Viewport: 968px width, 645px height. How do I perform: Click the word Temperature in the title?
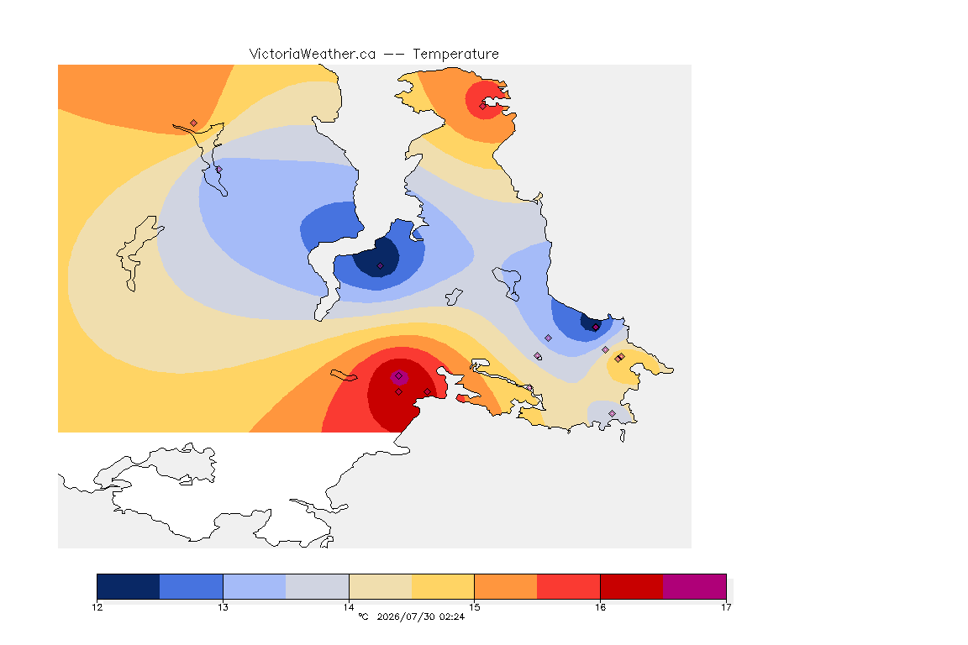tap(455, 55)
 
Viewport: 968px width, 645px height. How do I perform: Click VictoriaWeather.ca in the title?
tap(313, 55)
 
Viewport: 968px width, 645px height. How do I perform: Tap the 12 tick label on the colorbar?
tap(97, 607)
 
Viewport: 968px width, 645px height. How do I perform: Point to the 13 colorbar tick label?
tap(223, 607)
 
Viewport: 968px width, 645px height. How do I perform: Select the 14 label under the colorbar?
tap(349, 607)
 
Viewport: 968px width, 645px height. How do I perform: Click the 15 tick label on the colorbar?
tap(474, 607)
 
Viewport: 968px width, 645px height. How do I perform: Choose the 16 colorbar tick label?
tap(600, 607)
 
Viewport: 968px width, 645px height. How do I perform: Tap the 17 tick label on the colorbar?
tap(726, 607)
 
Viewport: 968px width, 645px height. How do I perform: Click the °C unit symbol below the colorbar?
tap(363, 616)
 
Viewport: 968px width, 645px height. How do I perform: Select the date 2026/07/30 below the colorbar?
tap(406, 616)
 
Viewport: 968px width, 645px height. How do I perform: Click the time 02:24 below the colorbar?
tap(452, 616)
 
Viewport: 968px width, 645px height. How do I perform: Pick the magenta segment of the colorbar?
tap(695, 586)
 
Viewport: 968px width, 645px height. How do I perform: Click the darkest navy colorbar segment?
tap(129, 586)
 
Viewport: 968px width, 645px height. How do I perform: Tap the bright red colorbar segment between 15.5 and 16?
tap(569, 586)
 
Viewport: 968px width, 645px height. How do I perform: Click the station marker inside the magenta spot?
tap(399, 376)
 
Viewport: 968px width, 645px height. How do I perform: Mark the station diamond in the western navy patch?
tap(381, 266)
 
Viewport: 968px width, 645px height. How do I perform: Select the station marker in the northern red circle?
tap(483, 106)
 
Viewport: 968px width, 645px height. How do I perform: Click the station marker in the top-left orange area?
tap(194, 123)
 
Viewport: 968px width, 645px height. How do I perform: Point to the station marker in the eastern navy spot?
tap(595, 328)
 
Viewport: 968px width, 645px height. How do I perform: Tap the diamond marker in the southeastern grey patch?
tap(613, 413)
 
